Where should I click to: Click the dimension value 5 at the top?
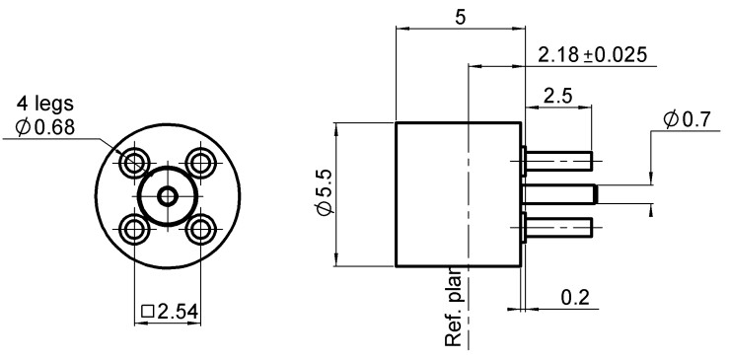click(x=460, y=17)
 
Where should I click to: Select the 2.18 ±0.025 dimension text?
click(x=592, y=55)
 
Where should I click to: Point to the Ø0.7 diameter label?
click(x=688, y=120)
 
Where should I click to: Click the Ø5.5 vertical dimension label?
click(x=325, y=192)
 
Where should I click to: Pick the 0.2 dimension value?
click(x=575, y=297)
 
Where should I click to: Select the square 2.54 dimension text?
click(x=170, y=311)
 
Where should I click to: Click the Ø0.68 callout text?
click(x=44, y=127)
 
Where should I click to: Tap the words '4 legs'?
click(x=45, y=103)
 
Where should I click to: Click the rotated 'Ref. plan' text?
click(x=453, y=306)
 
